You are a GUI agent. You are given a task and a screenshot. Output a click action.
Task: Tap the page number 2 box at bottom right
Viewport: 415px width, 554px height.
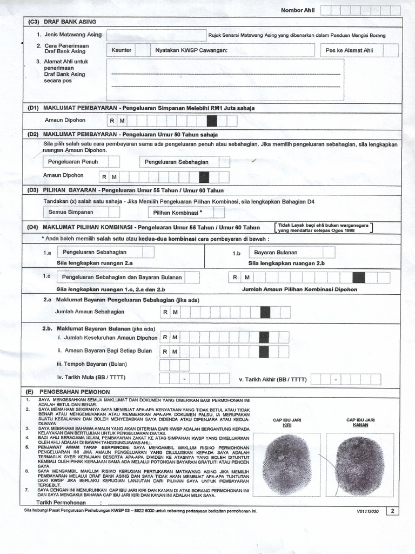(392, 511)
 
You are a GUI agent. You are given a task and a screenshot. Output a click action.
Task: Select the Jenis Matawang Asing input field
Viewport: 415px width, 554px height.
(156, 35)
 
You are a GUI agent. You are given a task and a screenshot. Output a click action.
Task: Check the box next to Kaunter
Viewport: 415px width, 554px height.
(143, 50)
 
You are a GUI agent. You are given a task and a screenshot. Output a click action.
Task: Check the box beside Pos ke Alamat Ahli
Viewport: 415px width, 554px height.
(391, 50)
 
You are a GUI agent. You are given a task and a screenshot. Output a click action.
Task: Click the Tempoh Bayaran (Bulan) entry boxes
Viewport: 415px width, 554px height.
(174, 365)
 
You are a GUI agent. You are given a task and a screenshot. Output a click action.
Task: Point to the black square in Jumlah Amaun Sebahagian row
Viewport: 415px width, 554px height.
(265, 312)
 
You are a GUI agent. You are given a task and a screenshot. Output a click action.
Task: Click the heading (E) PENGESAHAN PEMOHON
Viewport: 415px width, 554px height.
(69, 392)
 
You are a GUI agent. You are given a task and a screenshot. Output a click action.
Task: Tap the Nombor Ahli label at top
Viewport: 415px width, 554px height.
(297, 10)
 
